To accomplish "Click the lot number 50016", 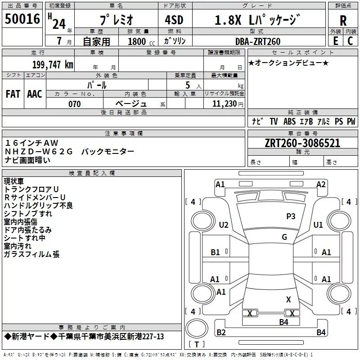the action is click(22, 19).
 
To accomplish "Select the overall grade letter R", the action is click(343, 21).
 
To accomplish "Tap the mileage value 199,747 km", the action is click(53, 65).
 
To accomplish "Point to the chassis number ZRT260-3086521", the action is click(302, 143).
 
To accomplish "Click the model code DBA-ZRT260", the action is click(258, 41).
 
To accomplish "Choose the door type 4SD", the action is click(174, 20).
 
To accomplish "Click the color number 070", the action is click(75, 104).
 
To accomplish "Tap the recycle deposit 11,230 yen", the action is click(228, 104).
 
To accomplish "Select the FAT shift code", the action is click(13, 94).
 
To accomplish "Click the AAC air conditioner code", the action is click(35, 94).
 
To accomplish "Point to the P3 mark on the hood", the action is click(291, 216).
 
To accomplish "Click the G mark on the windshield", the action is click(284, 237).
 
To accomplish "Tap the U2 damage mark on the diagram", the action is click(224, 225).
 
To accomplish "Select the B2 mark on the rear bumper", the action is click(221, 332).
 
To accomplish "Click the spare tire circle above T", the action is click(197, 328).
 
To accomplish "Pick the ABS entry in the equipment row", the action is click(289, 121).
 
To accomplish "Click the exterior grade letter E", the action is click(336, 41).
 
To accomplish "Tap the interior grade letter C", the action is click(350, 41).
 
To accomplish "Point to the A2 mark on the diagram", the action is click(321, 184).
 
